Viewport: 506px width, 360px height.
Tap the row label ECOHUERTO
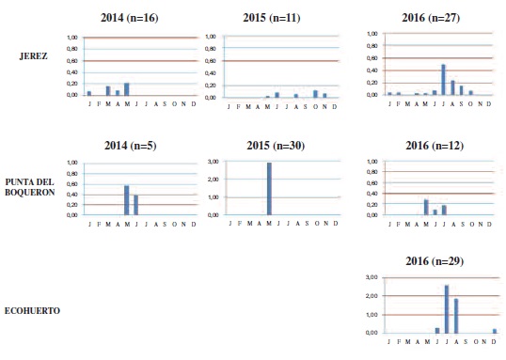[33, 309]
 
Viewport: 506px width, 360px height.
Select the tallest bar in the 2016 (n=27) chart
[444, 80]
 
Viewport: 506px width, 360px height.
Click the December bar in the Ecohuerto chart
[495, 330]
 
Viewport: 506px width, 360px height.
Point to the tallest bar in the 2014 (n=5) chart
[126, 200]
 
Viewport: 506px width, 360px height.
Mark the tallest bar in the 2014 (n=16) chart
[126, 89]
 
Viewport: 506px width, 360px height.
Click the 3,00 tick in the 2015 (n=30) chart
[213, 162]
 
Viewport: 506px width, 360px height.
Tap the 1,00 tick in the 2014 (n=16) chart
[71, 38]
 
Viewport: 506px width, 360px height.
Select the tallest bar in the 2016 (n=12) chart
[426, 207]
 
